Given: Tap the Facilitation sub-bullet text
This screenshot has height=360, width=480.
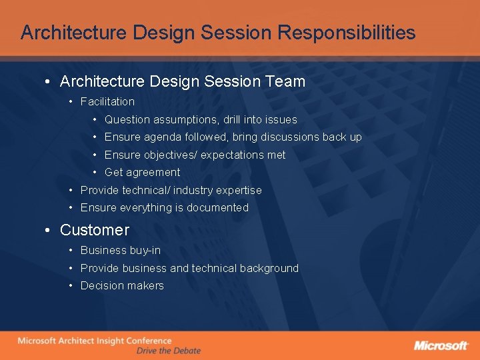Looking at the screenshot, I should pos(107,102).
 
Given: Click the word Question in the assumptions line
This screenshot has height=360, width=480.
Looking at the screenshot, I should pos(127,120).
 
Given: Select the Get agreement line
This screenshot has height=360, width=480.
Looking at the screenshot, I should pos(142,172).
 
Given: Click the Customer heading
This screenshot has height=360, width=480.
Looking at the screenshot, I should pos(94,230).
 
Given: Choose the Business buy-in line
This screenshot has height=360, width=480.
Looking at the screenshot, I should pos(120,251).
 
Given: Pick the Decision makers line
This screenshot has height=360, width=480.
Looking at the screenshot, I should pos(121,285).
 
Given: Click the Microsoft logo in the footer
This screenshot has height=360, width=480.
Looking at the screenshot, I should pos(441,345).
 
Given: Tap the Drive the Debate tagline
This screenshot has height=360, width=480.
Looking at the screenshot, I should pos(168,351).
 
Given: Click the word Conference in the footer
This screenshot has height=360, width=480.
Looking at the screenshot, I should pos(147,341).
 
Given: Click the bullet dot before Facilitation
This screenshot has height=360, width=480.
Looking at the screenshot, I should pos(71,102).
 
